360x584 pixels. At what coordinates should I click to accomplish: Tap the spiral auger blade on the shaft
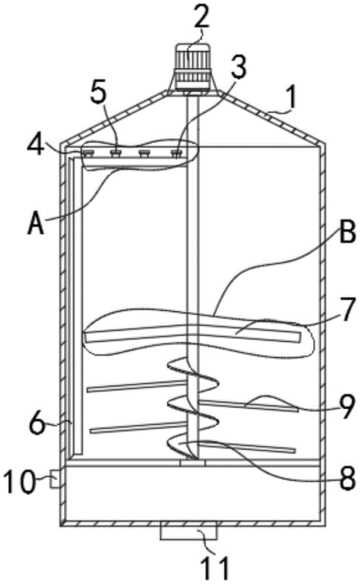pos(193,403)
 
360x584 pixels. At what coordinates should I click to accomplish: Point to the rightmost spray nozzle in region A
pos(176,154)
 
